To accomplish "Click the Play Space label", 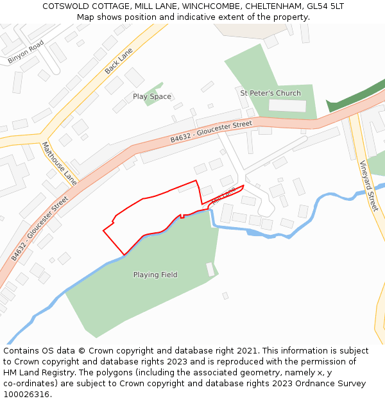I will (x=151, y=97).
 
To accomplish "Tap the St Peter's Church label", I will (x=270, y=94).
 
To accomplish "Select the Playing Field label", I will (x=155, y=275).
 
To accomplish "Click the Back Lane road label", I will (x=119, y=60).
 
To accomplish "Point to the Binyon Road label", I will (x=26, y=51).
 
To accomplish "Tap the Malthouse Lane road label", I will (x=59, y=164).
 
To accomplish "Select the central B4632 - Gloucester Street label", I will (x=211, y=132).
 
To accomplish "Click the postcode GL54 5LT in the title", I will (x=325, y=6).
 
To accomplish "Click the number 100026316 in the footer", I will (x=25, y=395).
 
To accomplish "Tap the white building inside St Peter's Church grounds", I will (x=287, y=106).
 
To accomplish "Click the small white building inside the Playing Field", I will (x=210, y=269).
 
